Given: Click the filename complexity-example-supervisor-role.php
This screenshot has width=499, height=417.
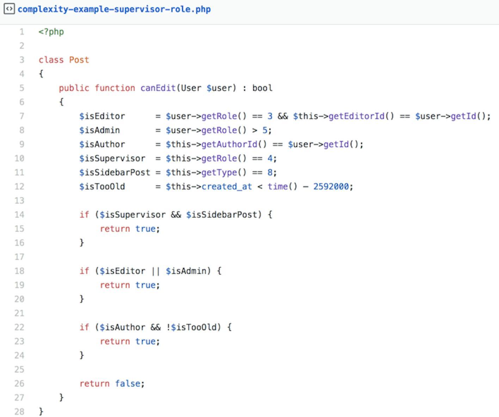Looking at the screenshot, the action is pyautogui.click(x=114, y=10).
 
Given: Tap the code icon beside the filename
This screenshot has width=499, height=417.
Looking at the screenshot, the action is pyautogui.click(x=9, y=9).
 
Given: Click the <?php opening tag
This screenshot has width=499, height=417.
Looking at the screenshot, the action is pyautogui.click(x=51, y=32).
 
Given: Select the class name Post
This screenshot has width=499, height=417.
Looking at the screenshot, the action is pyautogui.click(x=79, y=60).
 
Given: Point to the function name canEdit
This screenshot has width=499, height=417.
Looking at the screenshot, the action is pyautogui.click(x=158, y=88).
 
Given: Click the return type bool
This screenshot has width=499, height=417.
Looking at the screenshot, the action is pyautogui.click(x=263, y=88).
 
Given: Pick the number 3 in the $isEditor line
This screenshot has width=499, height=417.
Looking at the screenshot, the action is pyautogui.click(x=270, y=116).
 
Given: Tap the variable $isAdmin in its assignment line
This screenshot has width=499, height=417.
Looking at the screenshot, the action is pyautogui.click(x=99, y=130).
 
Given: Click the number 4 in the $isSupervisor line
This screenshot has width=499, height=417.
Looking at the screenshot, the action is pyautogui.click(x=270, y=158).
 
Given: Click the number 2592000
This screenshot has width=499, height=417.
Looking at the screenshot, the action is pyautogui.click(x=331, y=186).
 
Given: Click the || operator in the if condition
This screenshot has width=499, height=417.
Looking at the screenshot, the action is pyautogui.click(x=155, y=271).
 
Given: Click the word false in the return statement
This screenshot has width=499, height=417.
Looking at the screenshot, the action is pyautogui.click(x=128, y=384).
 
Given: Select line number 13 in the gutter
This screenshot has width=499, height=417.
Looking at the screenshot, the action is pyautogui.click(x=19, y=201).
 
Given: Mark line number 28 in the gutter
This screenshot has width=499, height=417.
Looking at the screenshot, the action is pyautogui.click(x=19, y=412).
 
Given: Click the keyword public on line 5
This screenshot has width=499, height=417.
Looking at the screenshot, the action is pyautogui.click(x=74, y=88).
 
